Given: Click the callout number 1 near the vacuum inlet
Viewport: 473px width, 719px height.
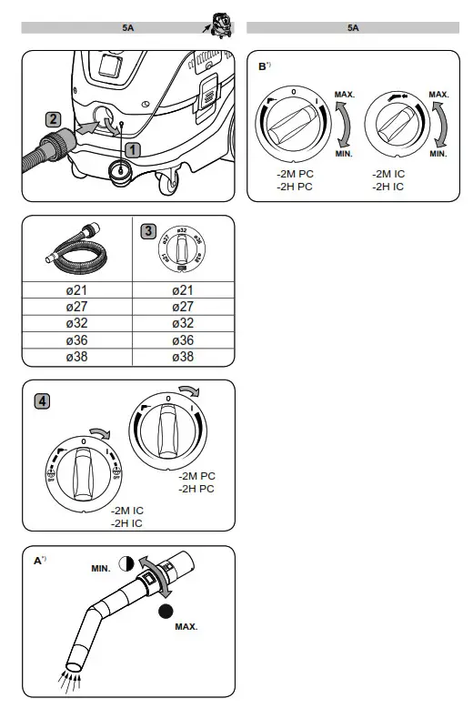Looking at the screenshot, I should [x=132, y=148].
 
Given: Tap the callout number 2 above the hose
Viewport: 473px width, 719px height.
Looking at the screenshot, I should [x=55, y=118].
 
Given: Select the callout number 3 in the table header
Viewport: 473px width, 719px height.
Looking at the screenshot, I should [x=147, y=230].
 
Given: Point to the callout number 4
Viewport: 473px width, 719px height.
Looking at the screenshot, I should [x=42, y=400].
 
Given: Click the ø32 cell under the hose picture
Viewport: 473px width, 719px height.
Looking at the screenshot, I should [x=76, y=323].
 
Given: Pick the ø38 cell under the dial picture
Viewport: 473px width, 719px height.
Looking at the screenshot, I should [x=183, y=357].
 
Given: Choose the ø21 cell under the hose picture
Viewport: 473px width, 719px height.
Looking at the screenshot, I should [x=76, y=289].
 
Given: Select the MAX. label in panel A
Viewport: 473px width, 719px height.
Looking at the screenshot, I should [x=186, y=627].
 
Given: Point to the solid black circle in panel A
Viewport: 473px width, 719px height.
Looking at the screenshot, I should [x=166, y=612].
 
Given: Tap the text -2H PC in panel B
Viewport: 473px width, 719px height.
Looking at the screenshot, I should [x=295, y=187].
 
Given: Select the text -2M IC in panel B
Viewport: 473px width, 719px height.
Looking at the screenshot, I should [x=389, y=173].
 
